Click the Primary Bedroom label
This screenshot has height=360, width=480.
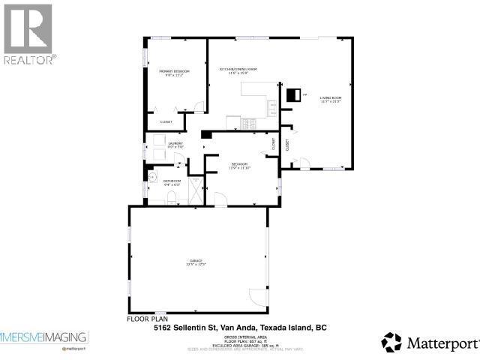[x=174, y=73]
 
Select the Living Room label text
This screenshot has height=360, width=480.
[x=330, y=98]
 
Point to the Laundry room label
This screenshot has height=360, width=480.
[x=175, y=145]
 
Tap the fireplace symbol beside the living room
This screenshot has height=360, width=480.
[x=294, y=94]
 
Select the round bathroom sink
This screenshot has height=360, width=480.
[x=151, y=178]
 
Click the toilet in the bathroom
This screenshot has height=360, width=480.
[x=171, y=198]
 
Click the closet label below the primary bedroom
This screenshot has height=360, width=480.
[x=166, y=121]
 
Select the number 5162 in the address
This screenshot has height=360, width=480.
[x=163, y=328]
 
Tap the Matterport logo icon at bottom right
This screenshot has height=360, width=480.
[x=391, y=343]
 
